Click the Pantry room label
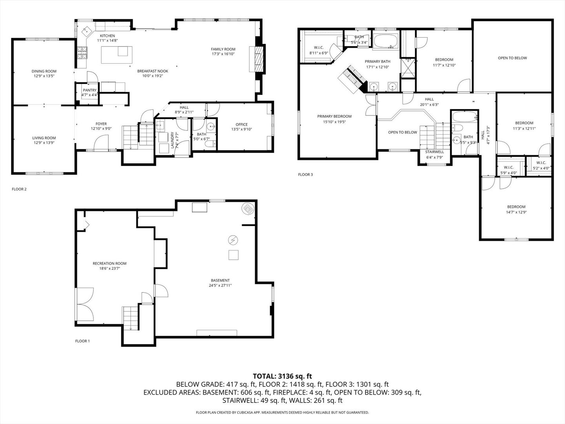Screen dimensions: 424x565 coord(89,90)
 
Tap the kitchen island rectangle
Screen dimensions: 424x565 coord(117,55)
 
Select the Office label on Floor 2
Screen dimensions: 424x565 coord(242,124)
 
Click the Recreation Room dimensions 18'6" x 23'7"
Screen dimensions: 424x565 coord(109,269)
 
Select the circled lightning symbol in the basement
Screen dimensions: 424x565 coord(233,239)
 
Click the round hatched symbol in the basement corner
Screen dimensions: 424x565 coord(248,208)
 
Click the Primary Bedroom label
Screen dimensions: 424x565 coord(334,116)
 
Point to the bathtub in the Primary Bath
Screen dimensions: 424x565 coord(385,41)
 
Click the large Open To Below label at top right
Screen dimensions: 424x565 coord(512,58)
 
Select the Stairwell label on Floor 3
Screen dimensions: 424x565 coord(434,152)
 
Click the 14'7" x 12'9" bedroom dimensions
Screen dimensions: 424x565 coord(516,212)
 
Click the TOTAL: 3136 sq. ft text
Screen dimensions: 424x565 coord(282,376)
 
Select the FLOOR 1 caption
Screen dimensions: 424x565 coord(82,341)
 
